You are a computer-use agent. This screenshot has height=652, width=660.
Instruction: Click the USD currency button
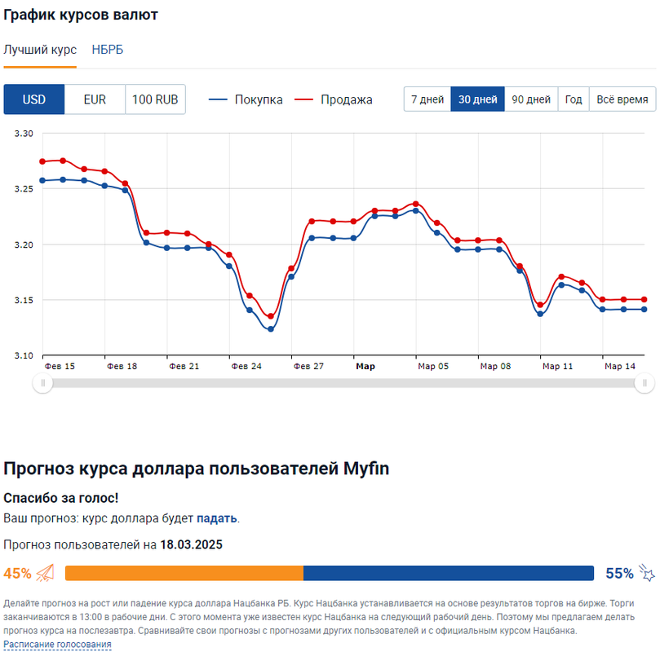click(34, 99)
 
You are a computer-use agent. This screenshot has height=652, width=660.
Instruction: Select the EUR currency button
click(95, 99)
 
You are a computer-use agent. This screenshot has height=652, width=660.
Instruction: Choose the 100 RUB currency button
click(155, 99)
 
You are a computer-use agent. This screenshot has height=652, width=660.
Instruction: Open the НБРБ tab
click(108, 50)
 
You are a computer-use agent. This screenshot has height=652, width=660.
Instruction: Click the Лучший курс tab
click(40, 50)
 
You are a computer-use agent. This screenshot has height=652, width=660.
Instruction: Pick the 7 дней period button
click(427, 99)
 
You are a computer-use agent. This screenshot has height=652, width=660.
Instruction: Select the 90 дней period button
click(531, 99)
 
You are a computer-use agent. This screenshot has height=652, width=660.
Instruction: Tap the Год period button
click(574, 99)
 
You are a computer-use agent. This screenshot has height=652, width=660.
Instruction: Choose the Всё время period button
click(622, 99)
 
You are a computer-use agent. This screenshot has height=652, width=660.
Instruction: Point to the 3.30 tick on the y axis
click(24, 134)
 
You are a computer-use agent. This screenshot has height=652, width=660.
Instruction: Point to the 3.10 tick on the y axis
click(24, 356)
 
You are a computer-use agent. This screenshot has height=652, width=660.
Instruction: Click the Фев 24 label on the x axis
click(246, 367)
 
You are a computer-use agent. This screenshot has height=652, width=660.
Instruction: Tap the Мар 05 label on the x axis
click(433, 367)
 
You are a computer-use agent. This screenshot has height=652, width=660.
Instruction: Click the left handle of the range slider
click(42, 383)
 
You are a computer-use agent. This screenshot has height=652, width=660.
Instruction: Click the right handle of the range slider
click(644, 383)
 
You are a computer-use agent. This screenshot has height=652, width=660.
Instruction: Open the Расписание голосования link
click(57, 644)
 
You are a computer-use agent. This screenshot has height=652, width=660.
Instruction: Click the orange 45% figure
click(18, 573)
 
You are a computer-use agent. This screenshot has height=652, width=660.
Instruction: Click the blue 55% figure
click(619, 573)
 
